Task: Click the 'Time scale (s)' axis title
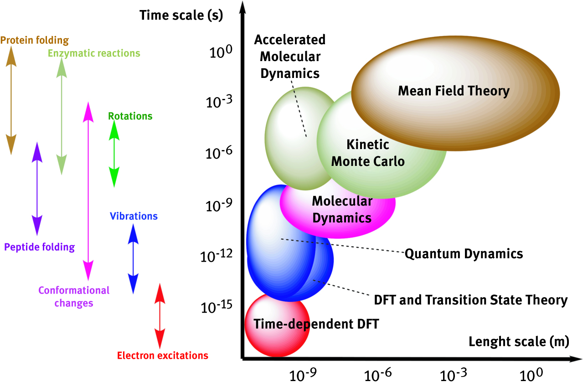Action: coord(181,15)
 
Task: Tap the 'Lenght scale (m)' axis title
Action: coord(518,342)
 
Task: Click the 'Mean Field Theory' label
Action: coord(454,91)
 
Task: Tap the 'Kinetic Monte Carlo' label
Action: coord(368,153)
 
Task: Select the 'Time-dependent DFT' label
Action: coord(316,324)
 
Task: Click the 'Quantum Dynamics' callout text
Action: coord(464,253)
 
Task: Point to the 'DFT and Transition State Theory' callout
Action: coord(470,300)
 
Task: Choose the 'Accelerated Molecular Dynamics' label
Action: coord(290,56)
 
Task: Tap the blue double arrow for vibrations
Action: coord(133,259)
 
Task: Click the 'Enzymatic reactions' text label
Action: coord(94,53)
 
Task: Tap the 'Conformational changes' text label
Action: coord(74,296)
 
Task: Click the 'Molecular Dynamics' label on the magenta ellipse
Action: coord(341,209)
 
